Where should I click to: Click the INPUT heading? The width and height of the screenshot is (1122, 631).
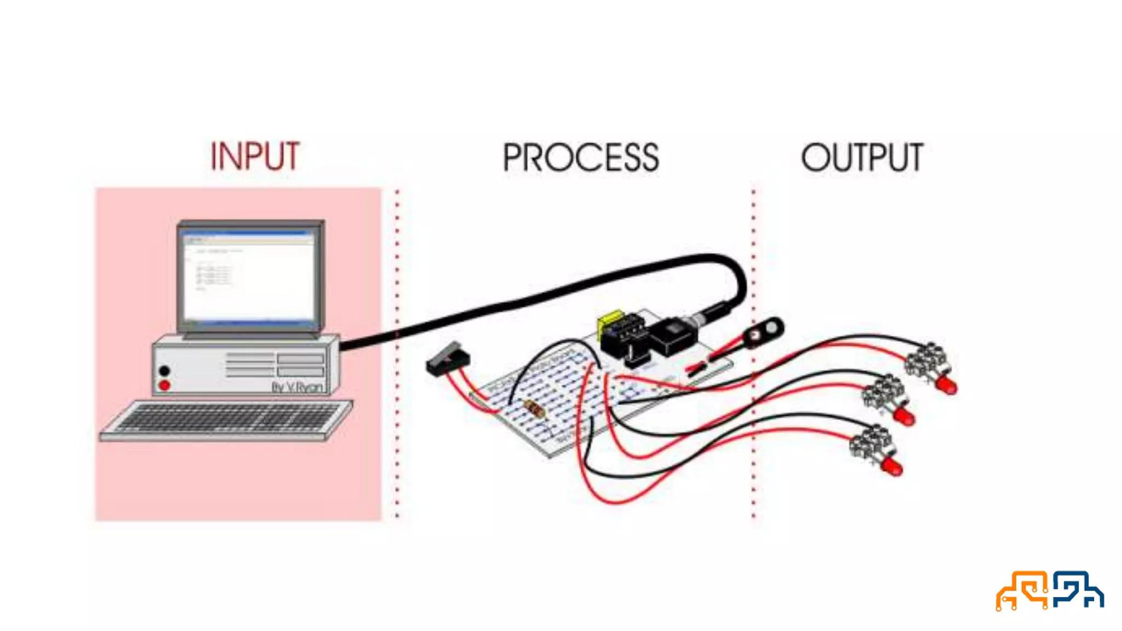pyautogui.click(x=255, y=157)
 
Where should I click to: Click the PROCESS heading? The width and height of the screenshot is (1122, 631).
pyautogui.click(x=581, y=158)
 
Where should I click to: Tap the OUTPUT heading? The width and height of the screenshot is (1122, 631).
pyautogui.click(x=862, y=158)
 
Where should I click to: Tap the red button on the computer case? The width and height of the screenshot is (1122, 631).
pyautogui.click(x=164, y=386)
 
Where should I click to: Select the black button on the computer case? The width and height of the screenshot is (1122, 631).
pyautogui.click(x=164, y=370)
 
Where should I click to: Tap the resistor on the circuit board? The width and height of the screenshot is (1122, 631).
pyautogui.click(x=535, y=408)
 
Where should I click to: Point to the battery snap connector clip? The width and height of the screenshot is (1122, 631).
pyautogui.click(x=764, y=331)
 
